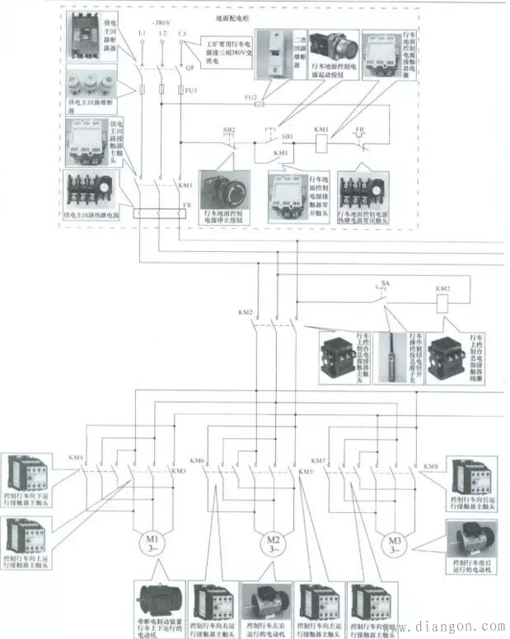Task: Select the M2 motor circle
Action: (274, 545)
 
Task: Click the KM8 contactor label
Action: (430, 467)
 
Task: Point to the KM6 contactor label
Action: (197, 460)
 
